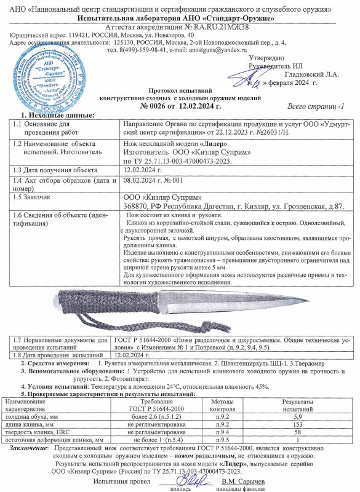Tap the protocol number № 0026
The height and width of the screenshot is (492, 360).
tap(158, 106)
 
